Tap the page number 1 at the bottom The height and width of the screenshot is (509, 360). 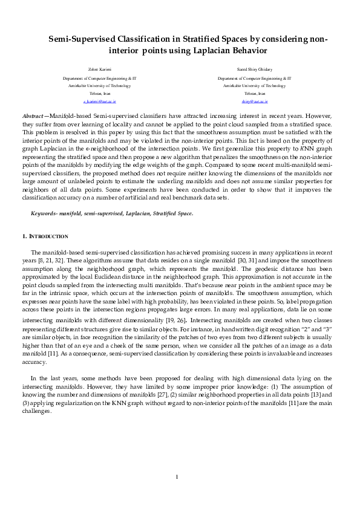pyautogui.click(x=177, y=477)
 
